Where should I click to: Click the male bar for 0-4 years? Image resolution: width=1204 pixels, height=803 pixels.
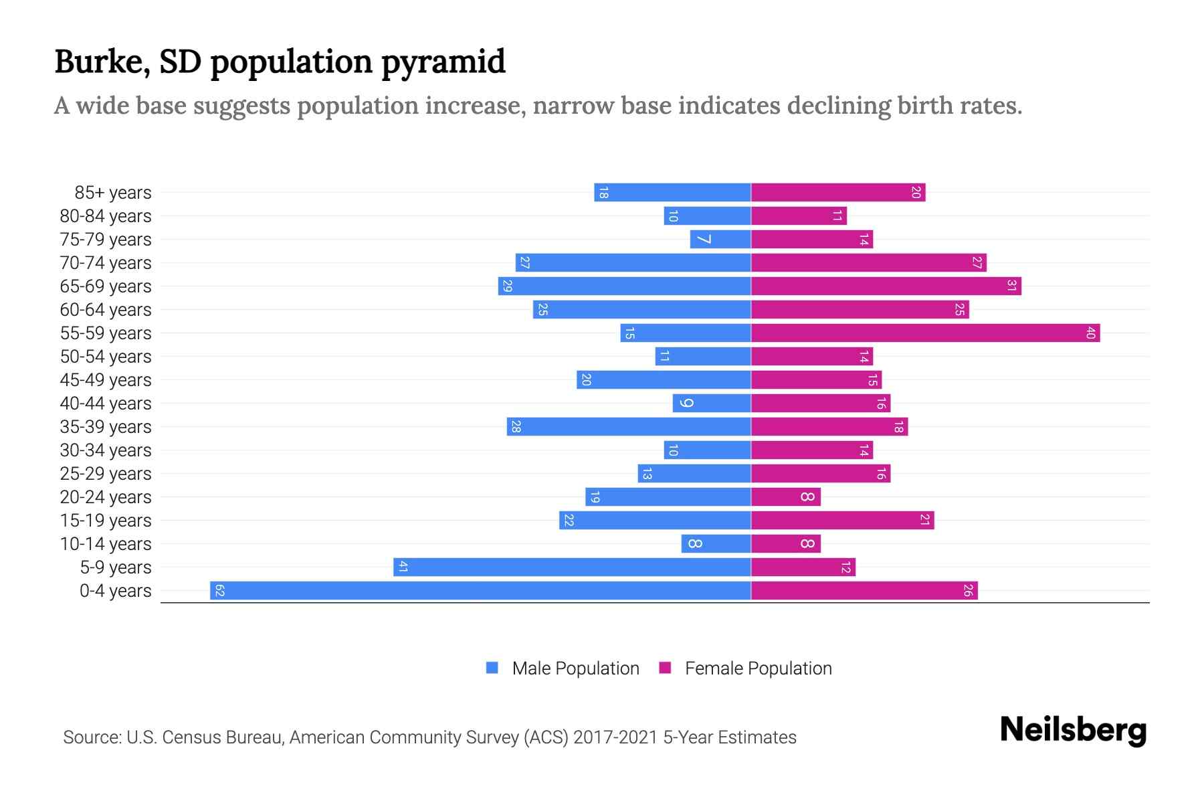[x=480, y=590]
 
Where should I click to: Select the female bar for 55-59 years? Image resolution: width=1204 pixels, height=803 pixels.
[x=925, y=333]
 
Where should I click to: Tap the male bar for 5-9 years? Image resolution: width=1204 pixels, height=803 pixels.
[x=572, y=567]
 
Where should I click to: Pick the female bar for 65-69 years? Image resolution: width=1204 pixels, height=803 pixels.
[x=886, y=286]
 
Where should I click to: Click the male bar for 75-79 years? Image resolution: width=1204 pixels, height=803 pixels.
[x=720, y=239]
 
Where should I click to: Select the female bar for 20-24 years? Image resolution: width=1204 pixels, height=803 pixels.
[x=785, y=497]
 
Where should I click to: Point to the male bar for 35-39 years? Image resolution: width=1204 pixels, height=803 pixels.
[x=629, y=426]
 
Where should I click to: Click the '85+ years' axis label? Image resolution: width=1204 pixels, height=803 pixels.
[x=113, y=193]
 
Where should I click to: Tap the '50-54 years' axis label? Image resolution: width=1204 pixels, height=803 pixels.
[x=106, y=357]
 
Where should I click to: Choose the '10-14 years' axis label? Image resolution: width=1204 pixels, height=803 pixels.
[x=106, y=544]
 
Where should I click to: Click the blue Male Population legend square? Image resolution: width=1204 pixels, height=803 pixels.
[x=492, y=668]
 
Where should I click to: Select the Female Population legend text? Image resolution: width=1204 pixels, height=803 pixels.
[x=758, y=668]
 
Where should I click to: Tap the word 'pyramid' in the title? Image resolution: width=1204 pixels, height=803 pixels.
[x=443, y=62]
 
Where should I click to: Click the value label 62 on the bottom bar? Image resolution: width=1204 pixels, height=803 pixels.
[x=219, y=590]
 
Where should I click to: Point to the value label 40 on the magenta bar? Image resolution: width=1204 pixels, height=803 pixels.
[x=1090, y=333]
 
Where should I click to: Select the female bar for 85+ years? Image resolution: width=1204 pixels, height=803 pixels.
[x=837, y=192]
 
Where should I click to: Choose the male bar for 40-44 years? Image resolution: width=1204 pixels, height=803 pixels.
[x=712, y=403]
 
